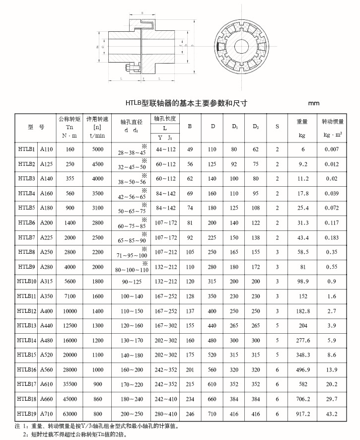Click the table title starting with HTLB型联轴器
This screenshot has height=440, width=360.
point(186,103)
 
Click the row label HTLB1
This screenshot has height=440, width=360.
point(26,149)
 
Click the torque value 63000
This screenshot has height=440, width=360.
point(70,413)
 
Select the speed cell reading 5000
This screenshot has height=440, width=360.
point(98,149)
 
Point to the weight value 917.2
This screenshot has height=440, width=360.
point(302,413)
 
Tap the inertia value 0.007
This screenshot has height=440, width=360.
point(332,149)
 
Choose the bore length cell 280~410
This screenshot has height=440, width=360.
point(166,413)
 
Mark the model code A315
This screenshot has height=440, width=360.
point(47,281)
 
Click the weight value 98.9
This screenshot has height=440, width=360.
point(302,281)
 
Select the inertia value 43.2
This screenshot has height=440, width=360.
point(332,413)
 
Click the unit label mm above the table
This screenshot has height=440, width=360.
point(314,103)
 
